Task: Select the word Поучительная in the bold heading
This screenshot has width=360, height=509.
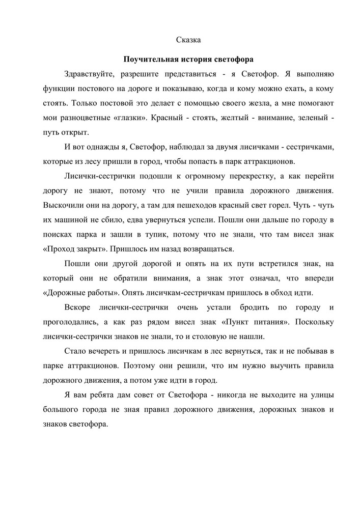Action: (148, 59)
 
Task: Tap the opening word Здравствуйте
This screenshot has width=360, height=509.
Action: (89, 74)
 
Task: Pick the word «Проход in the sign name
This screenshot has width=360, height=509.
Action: (58, 249)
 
